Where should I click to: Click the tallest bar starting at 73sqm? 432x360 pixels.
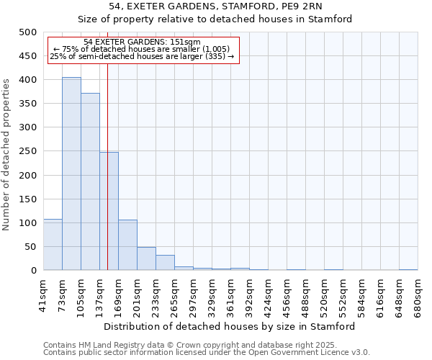71,174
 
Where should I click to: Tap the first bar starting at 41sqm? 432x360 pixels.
53,245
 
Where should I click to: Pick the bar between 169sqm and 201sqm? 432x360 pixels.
127,245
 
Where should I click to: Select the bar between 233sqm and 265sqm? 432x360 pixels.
165,263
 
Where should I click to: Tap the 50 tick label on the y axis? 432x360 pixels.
30,247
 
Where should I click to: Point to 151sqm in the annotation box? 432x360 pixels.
186,42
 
